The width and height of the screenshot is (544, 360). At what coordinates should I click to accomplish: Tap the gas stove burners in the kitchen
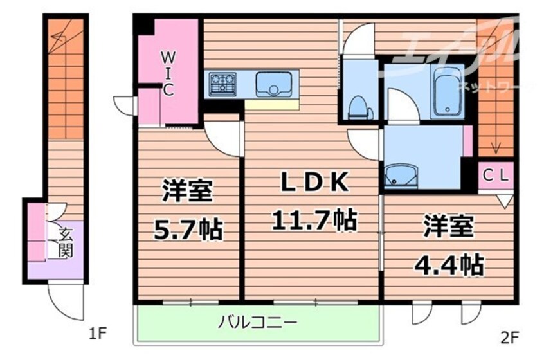222,84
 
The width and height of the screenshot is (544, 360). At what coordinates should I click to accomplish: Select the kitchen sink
273,84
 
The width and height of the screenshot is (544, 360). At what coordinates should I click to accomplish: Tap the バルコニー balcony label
256,321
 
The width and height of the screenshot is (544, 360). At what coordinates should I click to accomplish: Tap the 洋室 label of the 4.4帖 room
448,228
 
